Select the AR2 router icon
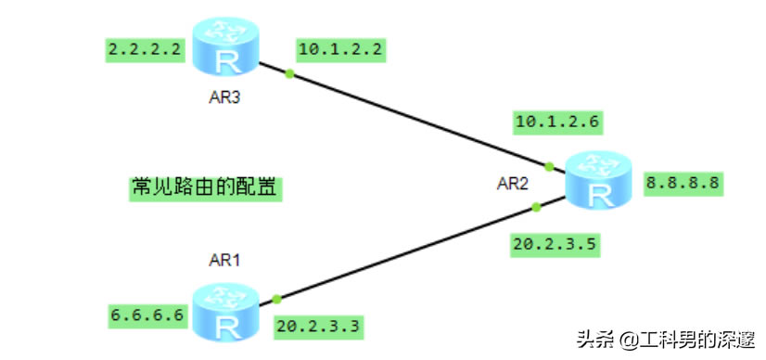599,181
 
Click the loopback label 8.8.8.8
683,183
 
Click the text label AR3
224,97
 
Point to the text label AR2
512,184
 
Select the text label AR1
224,261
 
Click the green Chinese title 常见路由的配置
205,187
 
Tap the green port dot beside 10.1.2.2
289,73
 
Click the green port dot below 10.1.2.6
549,167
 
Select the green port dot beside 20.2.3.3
276,299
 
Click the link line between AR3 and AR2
417,120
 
